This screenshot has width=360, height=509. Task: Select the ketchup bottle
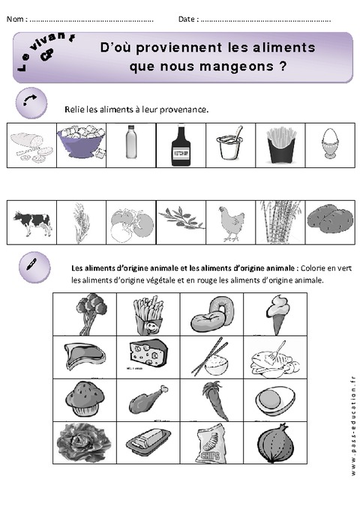tap(181, 144)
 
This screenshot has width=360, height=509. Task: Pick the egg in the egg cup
tap(330, 144)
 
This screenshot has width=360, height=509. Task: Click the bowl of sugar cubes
tap(80, 143)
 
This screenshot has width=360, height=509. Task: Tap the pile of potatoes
tap(329, 222)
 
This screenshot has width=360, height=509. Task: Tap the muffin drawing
tap(85, 400)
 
